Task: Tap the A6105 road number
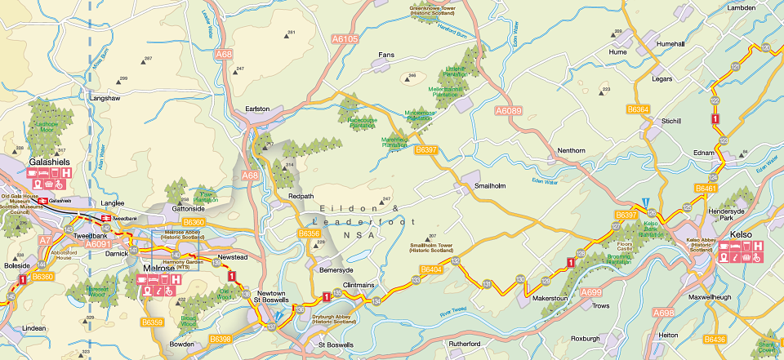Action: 345,38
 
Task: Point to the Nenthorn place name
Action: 571,151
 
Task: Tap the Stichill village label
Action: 670,121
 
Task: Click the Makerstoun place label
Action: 550,300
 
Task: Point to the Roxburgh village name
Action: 585,338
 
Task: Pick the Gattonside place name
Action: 189,209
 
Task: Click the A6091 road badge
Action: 99,243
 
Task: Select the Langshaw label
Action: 105,98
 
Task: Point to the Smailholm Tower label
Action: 433,245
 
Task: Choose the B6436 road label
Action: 715,339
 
